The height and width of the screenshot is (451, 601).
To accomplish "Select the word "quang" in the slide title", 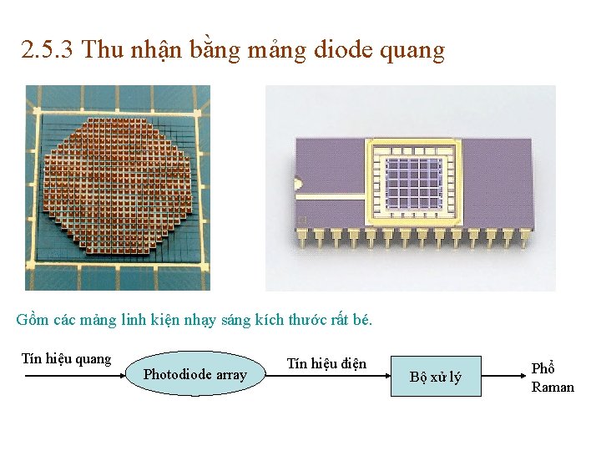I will click(x=412, y=52).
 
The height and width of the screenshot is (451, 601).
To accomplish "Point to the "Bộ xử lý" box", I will click(x=435, y=378).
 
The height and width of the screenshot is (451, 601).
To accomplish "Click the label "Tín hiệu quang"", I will click(x=66, y=359).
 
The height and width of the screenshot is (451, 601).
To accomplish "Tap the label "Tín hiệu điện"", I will click(x=326, y=363).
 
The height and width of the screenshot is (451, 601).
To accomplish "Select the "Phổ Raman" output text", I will click(x=553, y=378).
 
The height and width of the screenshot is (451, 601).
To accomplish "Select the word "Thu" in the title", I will click(x=103, y=50).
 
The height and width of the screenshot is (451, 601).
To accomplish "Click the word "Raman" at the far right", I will click(x=553, y=387).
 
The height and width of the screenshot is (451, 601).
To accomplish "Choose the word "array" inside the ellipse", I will click(x=231, y=375).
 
